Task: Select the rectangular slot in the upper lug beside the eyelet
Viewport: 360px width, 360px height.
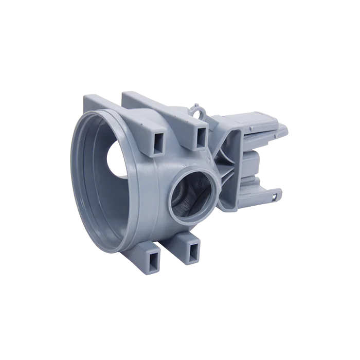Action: [x=200, y=136]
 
